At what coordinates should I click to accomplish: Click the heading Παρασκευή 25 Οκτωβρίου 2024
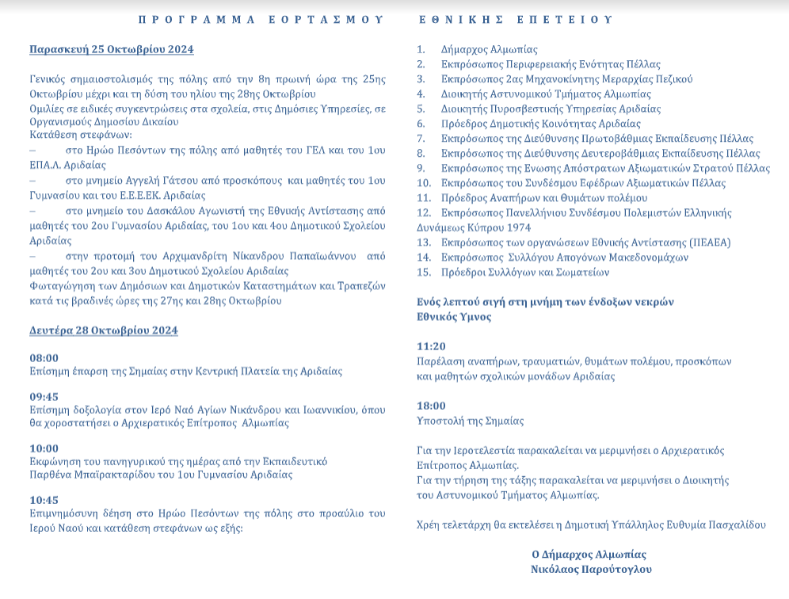pyautogui.click(x=112, y=50)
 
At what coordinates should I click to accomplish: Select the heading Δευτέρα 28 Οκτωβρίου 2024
pyautogui.click(x=104, y=330)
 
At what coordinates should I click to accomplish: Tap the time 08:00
pyautogui.click(x=44, y=358)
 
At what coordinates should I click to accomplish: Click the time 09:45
pyautogui.click(x=44, y=396)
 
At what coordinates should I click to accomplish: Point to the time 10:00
pyautogui.click(x=44, y=448)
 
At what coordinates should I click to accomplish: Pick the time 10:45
pyautogui.click(x=44, y=500)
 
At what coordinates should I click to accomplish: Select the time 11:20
pyautogui.click(x=432, y=346)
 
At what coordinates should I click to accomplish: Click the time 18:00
pyautogui.click(x=432, y=406)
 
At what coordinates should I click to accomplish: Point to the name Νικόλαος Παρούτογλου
pyautogui.click(x=592, y=569)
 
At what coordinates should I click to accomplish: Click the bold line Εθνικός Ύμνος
pyautogui.click(x=454, y=317)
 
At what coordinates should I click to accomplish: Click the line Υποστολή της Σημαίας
pyautogui.click(x=470, y=422)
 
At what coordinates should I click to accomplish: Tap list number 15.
pyautogui.click(x=424, y=273)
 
